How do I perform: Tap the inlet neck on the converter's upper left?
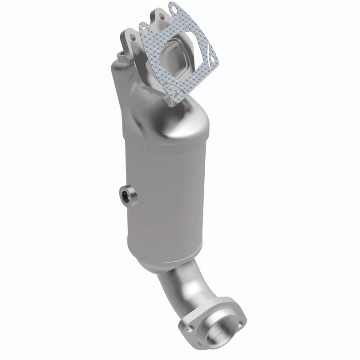tap(119, 90)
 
